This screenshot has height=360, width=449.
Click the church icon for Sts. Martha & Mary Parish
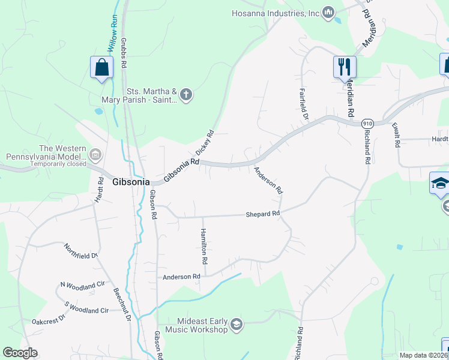[186, 94]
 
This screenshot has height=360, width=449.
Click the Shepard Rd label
[263, 214]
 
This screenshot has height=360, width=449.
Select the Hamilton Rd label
[204, 247]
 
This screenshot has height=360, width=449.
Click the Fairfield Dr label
[304, 103]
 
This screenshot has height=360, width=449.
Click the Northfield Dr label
[81, 252]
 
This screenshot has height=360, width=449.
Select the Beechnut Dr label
[122, 304]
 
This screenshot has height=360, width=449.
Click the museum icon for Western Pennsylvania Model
[95, 155]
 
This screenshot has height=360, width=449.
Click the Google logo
[20, 353]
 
